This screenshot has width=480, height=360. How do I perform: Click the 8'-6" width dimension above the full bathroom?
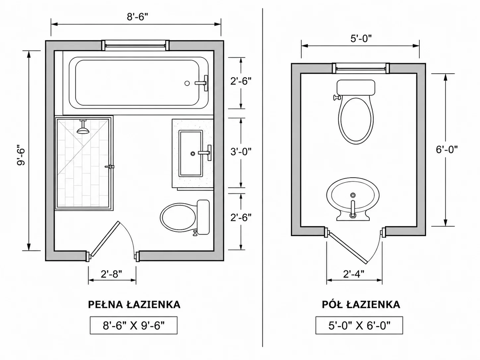point(138,17)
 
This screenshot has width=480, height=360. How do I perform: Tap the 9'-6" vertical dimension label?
point(21,155)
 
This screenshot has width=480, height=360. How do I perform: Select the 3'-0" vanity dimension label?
point(241,151)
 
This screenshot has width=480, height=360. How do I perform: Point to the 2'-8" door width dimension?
point(111,274)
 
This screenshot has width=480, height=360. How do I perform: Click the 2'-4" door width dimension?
point(354,274)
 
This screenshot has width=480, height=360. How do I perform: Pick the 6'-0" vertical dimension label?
point(447,150)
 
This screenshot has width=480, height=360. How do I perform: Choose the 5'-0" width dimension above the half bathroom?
point(361,39)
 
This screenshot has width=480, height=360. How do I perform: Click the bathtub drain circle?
point(187,83)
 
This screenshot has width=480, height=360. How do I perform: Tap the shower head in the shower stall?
point(83,127)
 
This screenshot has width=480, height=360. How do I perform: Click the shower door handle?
point(110,166)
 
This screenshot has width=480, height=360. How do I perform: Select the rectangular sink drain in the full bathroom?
point(193,154)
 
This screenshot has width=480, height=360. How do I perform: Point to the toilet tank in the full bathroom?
point(203,217)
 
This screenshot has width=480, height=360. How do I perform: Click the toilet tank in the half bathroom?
point(356,88)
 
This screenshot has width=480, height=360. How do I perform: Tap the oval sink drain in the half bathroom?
point(353,195)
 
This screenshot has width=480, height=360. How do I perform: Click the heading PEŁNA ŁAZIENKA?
point(134,305)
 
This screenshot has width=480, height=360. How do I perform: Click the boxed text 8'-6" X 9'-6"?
point(134,326)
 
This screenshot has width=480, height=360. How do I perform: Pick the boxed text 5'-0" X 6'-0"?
point(359,326)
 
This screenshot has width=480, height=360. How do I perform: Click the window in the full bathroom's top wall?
point(136,45)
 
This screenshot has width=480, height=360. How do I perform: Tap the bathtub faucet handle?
point(206,83)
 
